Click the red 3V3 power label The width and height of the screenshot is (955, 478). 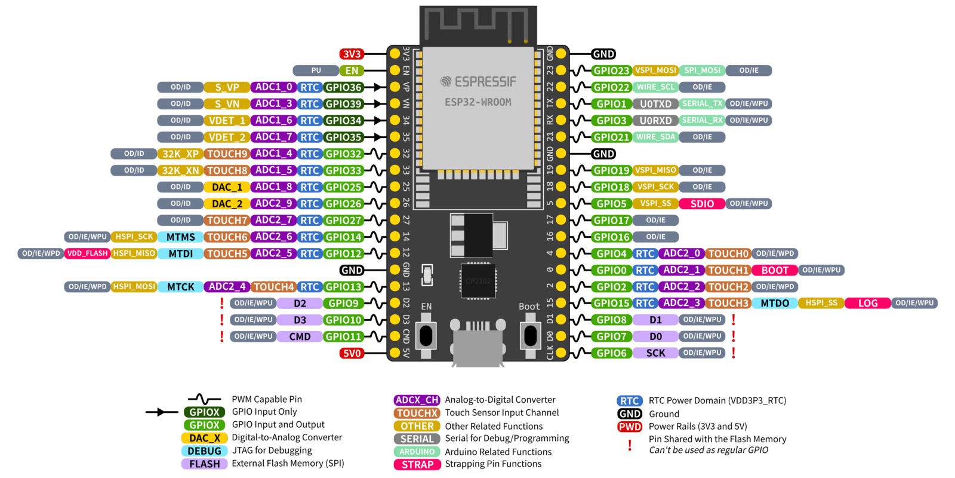pyautogui.click(x=352, y=54)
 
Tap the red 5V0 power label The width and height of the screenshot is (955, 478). pyautogui.click(x=352, y=353)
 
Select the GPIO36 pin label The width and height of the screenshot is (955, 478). pyautogui.click(x=343, y=87)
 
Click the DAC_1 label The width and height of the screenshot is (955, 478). pyautogui.click(x=227, y=187)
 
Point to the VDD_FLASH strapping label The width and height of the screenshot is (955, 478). pyautogui.click(x=87, y=253)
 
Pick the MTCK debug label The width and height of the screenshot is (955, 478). pyautogui.click(x=180, y=287)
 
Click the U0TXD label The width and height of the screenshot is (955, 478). pyautogui.click(x=655, y=104)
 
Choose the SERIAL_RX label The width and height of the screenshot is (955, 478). pyautogui.click(x=703, y=120)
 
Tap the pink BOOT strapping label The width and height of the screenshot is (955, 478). pyautogui.click(x=775, y=270)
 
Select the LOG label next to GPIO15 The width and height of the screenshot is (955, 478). pyautogui.click(x=868, y=303)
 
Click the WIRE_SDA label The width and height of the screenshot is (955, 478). pyautogui.click(x=655, y=137)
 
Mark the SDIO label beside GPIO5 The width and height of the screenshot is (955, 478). pyautogui.click(x=702, y=204)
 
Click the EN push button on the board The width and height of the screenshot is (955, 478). pyautogui.click(x=426, y=336)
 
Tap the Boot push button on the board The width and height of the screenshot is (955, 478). pyautogui.click(x=530, y=336)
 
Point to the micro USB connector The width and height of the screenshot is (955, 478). pyautogui.click(x=478, y=347)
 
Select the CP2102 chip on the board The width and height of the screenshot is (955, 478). pyautogui.click(x=478, y=281)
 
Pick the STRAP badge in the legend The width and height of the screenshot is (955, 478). pyautogui.click(x=417, y=464)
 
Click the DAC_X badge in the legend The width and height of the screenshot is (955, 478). pyautogui.click(x=204, y=438)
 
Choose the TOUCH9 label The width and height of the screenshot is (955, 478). pyautogui.click(x=227, y=154)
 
